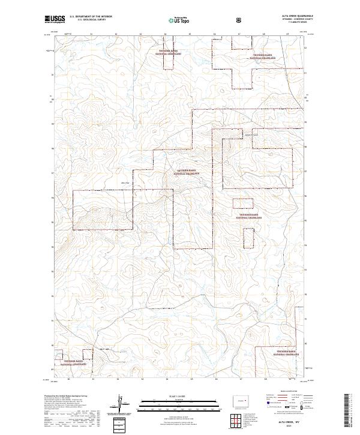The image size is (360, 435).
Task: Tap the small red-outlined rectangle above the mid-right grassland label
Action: click(x=243, y=203)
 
